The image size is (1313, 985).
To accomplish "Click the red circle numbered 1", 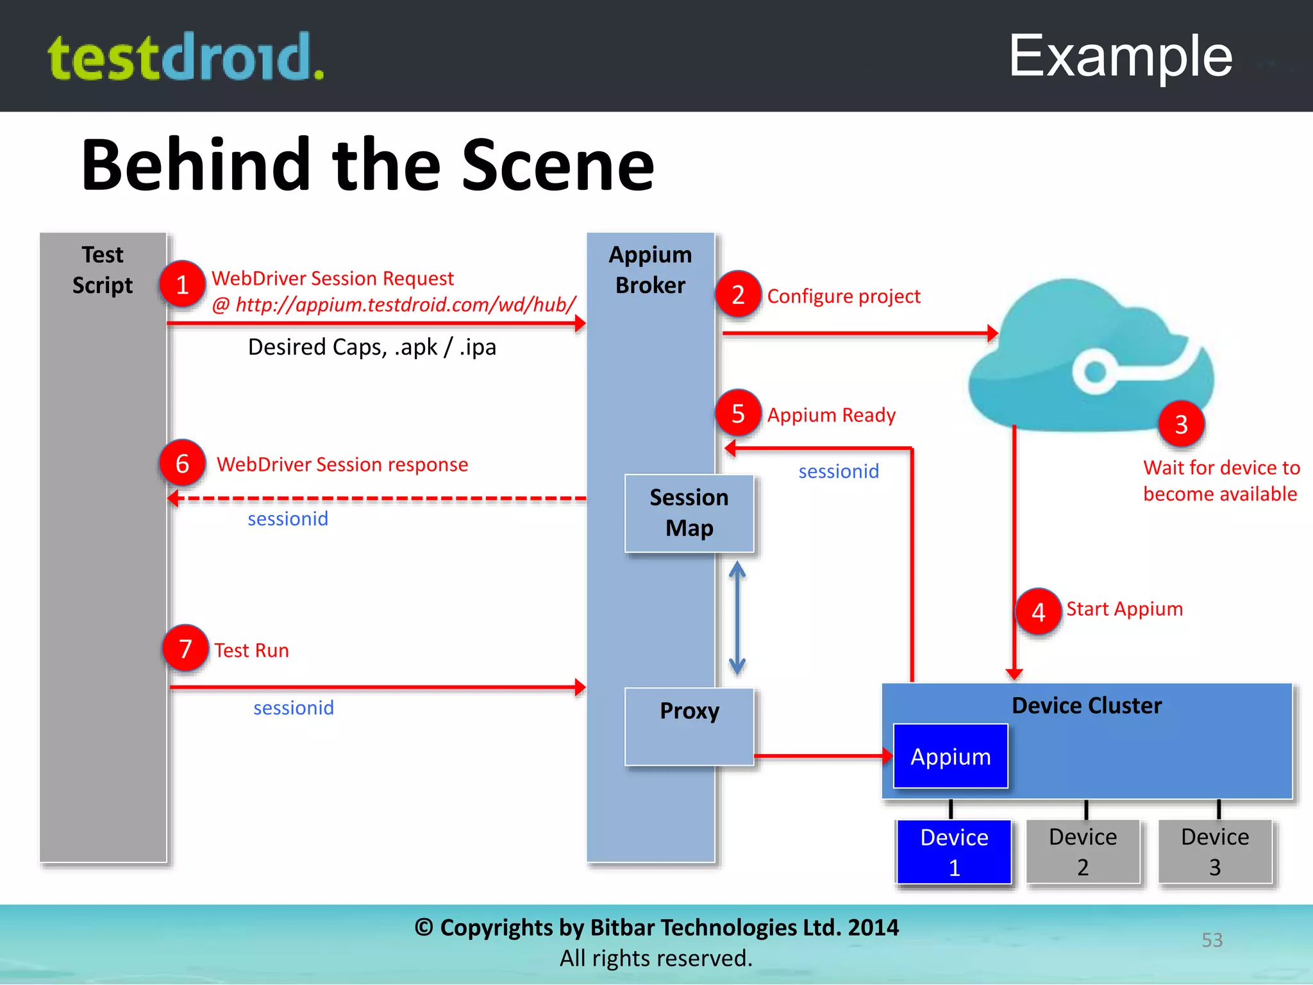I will click(182, 284).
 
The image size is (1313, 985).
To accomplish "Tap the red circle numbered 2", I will click(738, 294).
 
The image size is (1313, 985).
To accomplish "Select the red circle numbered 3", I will click(1181, 424).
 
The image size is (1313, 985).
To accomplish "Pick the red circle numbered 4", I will click(1038, 612).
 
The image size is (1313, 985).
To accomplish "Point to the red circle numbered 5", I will click(738, 413).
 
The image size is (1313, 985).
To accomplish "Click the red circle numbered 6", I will click(182, 463).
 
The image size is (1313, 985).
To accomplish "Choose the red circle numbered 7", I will click(185, 648).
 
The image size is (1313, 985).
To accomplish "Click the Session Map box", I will click(689, 513).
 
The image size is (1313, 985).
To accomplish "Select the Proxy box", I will click(689, 726).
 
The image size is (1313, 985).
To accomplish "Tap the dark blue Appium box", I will click(950, 756).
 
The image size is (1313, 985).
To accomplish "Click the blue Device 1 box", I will click(954, 852).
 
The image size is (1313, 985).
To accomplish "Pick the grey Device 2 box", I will click(1083, 852).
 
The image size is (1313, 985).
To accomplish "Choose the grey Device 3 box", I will click(1215, 852).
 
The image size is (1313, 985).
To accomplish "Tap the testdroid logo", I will click(186, 57).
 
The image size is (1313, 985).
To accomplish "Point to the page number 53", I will click(1212, 939).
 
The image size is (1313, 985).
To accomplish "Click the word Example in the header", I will click(1120, 56).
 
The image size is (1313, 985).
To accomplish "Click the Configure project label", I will click(843, 296).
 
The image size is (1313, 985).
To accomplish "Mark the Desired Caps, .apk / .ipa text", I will click(372, 347).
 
